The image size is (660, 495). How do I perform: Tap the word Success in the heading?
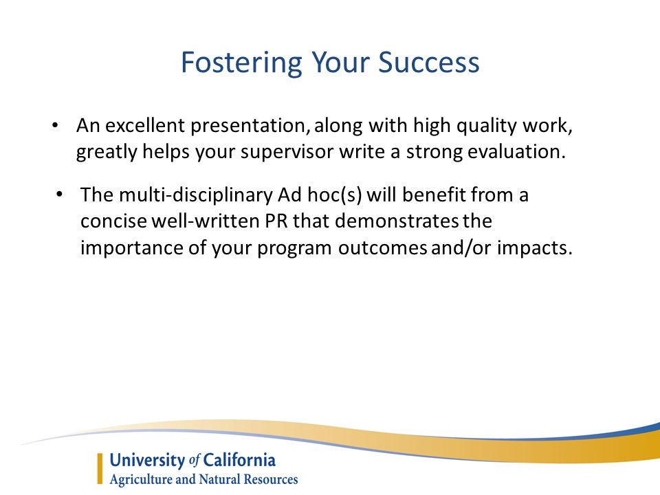tap(429, 63)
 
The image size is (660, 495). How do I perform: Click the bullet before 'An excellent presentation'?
tap(55, 125)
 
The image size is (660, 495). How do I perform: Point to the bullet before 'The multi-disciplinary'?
tap(59, 194)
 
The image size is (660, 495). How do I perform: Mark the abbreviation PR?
tap(276, 221)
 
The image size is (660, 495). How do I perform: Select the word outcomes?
tap(383, 247)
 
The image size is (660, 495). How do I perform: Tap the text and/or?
tap(461, 247)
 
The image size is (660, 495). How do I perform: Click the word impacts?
tap(535, 248)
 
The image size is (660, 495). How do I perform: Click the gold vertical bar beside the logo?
tap(100, 468)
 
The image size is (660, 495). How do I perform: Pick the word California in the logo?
tap(239, 460)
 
